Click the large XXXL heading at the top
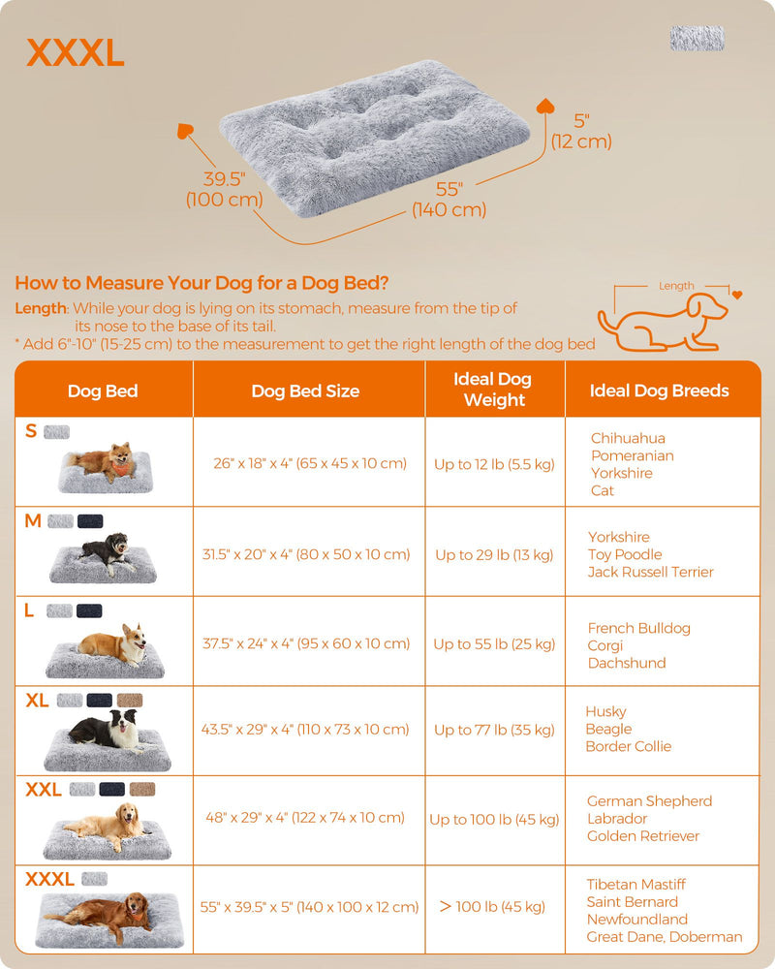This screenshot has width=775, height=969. pyautogui.click(x=76, y=54)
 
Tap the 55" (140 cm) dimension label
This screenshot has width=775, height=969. pyautogui.click(x=449, y=200)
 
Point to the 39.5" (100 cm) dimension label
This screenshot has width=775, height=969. pyautogui.click(x=225, y=190)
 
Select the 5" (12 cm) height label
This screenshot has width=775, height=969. pyautogui.click(x=581, y=131)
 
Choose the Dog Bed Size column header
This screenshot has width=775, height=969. pyautogui.click(x=305, y=391)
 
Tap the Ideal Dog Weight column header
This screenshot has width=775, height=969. pyautogui.click(x=494, y=390)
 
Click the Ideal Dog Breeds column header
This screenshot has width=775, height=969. pyautogui.click(x=660, y=391)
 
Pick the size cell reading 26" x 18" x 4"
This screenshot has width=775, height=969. pyautogui.click(x=310, y=463)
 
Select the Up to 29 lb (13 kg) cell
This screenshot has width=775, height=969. pyautogui.click(x=494, y=554)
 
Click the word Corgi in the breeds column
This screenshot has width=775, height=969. pyautogui.click(x=605, y=645)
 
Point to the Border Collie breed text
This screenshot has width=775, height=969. pyautogui.click(x=628, y=746)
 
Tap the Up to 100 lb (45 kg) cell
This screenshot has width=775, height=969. pyautogui.click(x=494, y=819)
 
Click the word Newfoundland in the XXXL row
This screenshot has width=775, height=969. pyautogui.click(x=636, y=919)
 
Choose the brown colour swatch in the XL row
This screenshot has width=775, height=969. pyautogui.click(x=129, y=700)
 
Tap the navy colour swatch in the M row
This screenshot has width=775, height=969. pyautogui.click(x=90, y=521)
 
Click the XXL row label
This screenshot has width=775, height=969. pyautogui.click(x=44, y=790)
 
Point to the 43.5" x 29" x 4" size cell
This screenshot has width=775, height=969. pyautogui.click(x=310, y=729)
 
